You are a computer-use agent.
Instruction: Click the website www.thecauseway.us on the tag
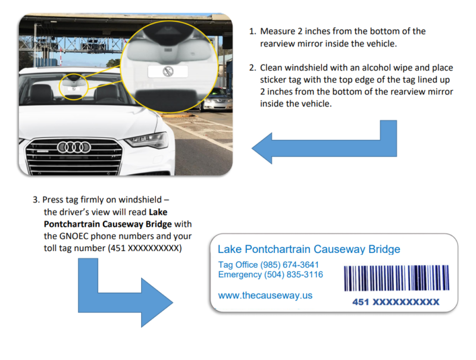(x=265, y=295)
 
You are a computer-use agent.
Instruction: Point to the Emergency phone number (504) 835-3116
(x=292, y=275)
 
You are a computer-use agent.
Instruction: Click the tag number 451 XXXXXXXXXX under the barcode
(x=395, y=302)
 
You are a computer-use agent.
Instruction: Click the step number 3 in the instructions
(x=36, y=199)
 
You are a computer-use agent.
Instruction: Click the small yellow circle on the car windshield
(x=74, y=87)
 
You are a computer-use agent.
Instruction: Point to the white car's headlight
(x=145, y=140)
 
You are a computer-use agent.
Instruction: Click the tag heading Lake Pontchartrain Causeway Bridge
(x=309, y=249)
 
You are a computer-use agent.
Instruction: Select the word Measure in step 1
(x=277, y=32)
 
